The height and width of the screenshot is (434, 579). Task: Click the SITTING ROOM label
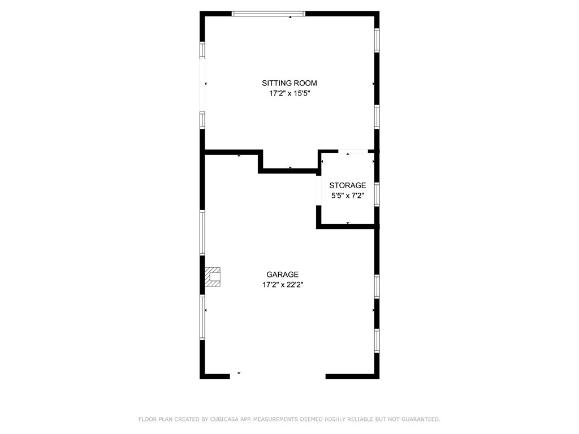point(289,83)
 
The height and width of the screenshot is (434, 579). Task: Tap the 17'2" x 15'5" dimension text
point(289,94)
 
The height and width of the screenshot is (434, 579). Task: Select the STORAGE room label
point(347,185)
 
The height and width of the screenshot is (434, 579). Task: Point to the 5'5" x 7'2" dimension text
point(347,196)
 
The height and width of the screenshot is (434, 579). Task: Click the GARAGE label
point(282,275)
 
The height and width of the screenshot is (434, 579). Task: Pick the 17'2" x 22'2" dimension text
point(282,285)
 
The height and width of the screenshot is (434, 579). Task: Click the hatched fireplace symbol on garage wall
point(213,278)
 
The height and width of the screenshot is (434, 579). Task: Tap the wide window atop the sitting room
point(269,14)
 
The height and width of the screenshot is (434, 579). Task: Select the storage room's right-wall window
point(377,193)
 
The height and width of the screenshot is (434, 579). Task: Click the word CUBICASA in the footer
point(223,419)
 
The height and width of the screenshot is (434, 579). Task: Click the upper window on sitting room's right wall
point(377,41)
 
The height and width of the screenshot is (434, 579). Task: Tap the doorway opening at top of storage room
point(356,151)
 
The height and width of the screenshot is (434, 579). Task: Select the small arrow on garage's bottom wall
point(239,373)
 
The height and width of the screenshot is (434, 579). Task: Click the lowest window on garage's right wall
point(377,341)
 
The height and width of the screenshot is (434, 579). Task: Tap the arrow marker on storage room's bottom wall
point(348,223)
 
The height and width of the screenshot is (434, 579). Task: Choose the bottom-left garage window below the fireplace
point(202,318)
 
